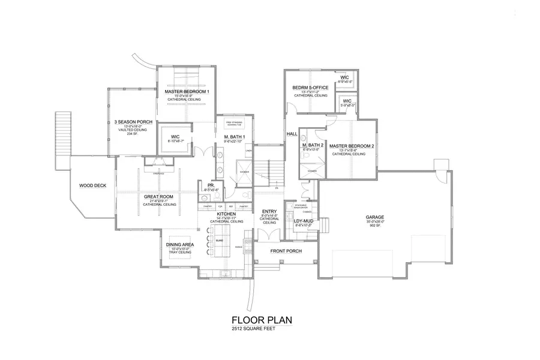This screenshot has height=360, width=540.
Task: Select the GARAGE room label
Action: coord(375,217)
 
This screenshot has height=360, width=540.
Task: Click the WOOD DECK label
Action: coord(92,185)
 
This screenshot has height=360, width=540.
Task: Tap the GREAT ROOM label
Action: coord(159,196)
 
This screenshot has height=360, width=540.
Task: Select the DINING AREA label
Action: coord(179,245)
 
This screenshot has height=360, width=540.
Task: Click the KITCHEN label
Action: coord(225,214)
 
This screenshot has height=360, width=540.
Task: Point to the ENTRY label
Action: coord(269,211)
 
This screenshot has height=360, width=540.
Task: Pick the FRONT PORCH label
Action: coord(286,251)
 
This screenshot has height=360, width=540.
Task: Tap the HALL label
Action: coord(292,133)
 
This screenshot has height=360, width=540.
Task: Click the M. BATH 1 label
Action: coord(233,137)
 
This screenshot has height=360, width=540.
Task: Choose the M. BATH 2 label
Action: coord(313,146)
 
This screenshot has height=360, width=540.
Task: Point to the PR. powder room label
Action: coord(211,185)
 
